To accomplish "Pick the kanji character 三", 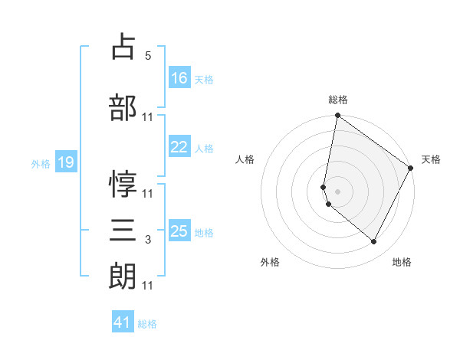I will coord(123,230).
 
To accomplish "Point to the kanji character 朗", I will coord(123,276).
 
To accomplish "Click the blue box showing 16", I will coord(179,77).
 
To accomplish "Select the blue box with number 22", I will coord(179,147).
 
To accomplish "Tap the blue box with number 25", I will coord(179,231).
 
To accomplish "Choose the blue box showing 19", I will coord(65,162).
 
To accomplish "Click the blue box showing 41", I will coord(123,322).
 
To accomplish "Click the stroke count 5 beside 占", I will coord(148,56).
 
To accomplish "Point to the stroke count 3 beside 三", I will coord(148,241).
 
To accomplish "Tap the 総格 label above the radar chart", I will coord(338,100).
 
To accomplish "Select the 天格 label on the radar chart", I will coord(431,159).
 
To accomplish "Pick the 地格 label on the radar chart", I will coord(402,262).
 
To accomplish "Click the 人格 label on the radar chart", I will coord(245,159).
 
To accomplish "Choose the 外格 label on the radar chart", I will coord(270,262).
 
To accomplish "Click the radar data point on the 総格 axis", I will coord(337,116).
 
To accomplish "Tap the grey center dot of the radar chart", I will coord(338,191).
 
